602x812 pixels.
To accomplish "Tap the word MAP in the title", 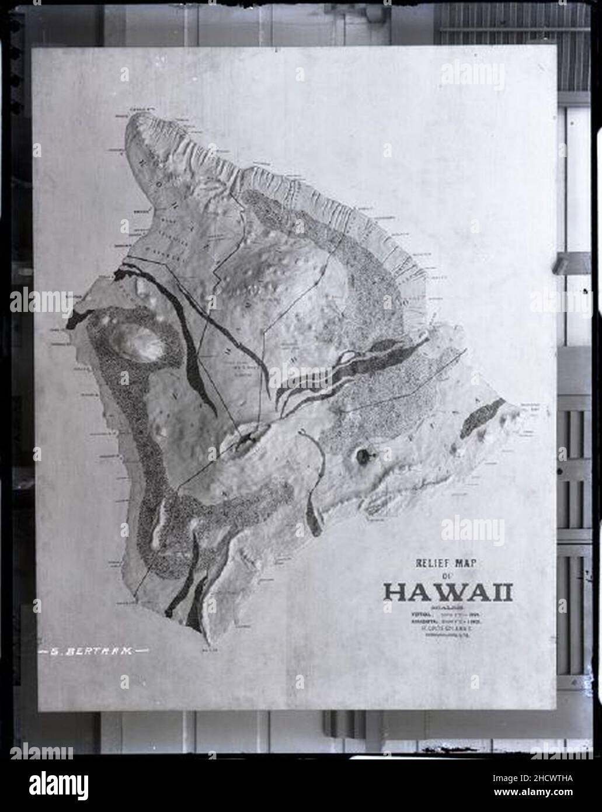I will (x=476, y=564).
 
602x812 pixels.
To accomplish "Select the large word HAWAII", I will (x=448, y=592).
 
